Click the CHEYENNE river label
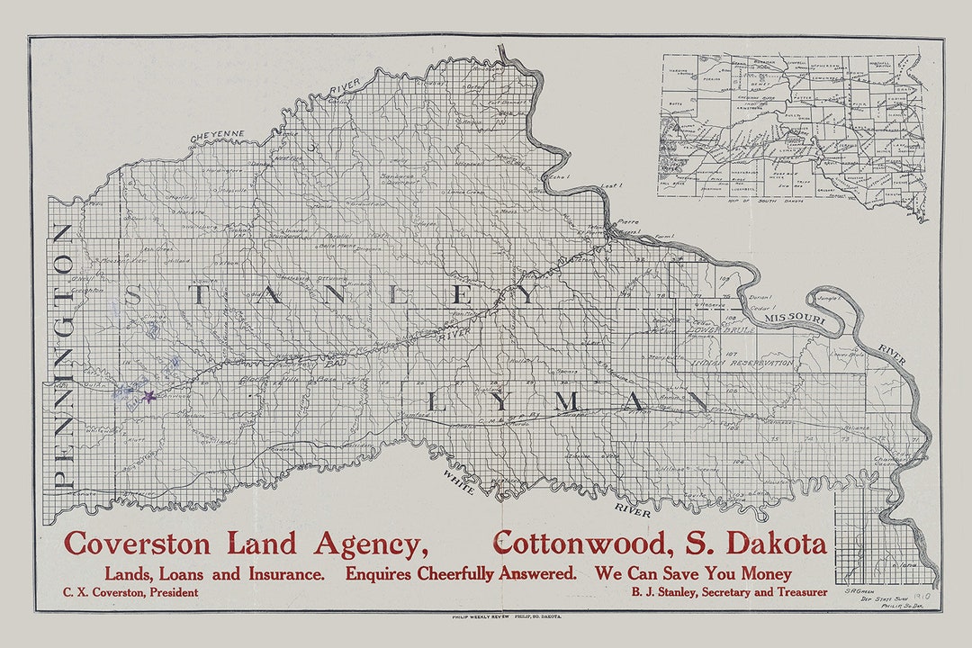217,135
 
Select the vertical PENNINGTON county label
64,355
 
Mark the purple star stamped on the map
149,395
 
